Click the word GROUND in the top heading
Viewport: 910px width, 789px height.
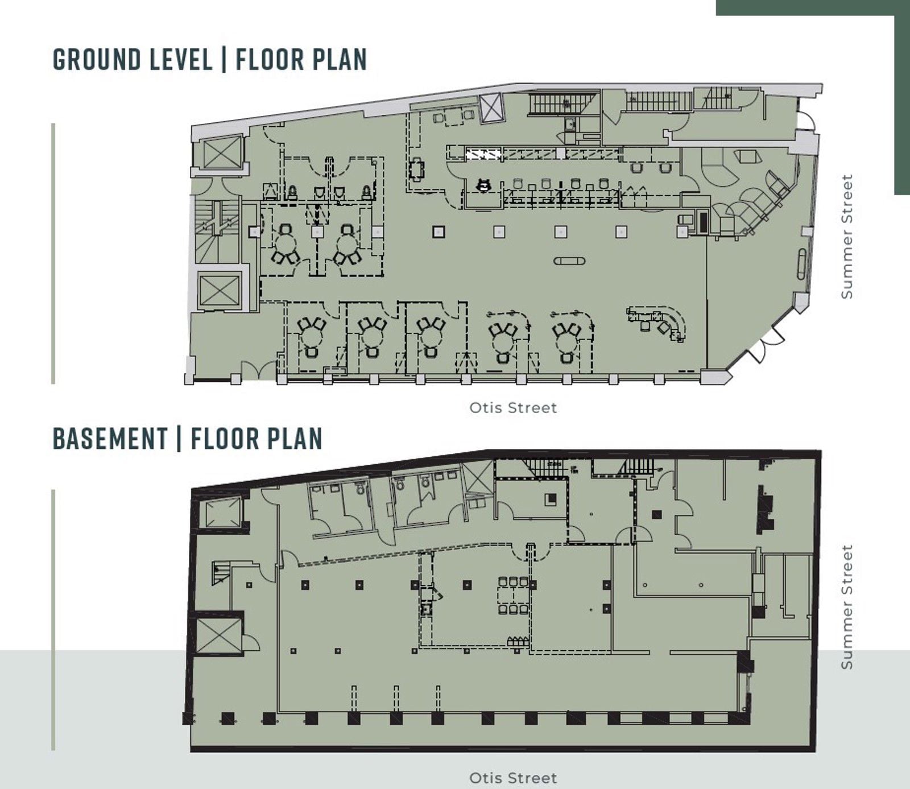tap(97, 59)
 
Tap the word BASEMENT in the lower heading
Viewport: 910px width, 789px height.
tap(110, 438)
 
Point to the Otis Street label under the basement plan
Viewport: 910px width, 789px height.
tap(513, 778)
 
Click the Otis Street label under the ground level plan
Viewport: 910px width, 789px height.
tap(513, 407)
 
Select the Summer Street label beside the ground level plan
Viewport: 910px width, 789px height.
tap(847, 236)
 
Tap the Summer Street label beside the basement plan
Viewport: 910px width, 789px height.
tap(847, 606)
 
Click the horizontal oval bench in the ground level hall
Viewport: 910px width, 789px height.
tap(569, 261)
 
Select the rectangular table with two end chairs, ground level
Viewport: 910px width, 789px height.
tap(417, 170)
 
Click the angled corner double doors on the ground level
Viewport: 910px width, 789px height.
tap(765, 345)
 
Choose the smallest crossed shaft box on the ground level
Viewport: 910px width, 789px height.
tap(491, 108)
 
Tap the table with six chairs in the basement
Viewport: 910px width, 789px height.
tap(514, 596)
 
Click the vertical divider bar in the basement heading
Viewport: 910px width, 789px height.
tap(179, 438)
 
